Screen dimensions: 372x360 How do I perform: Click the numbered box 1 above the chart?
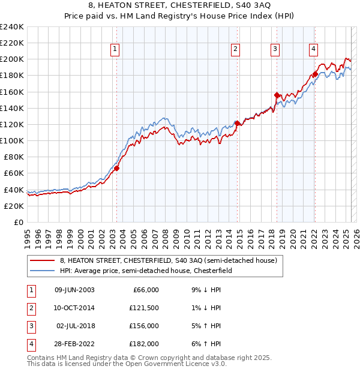pyautogui.click(x=115, y=50)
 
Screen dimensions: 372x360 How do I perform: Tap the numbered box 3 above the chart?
pyautogui.click(x=275, y=50)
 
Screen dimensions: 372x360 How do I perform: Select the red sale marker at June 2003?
pyautogui.click(x=116, y=169)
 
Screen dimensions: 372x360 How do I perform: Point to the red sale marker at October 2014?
pyautogui.click(x=237, y=124)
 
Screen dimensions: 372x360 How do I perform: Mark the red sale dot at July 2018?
pyautogui.click(x=277, y=95)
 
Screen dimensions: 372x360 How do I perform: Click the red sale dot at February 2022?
pyautogui.click(x=315, y=74)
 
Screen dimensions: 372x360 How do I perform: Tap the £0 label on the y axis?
pyautogui.click(x=18, y=222)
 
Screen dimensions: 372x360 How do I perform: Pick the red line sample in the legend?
pyautogui.click(x=42, y=261)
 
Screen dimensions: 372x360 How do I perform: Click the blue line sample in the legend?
pyautogui.click(x=42, y=271)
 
